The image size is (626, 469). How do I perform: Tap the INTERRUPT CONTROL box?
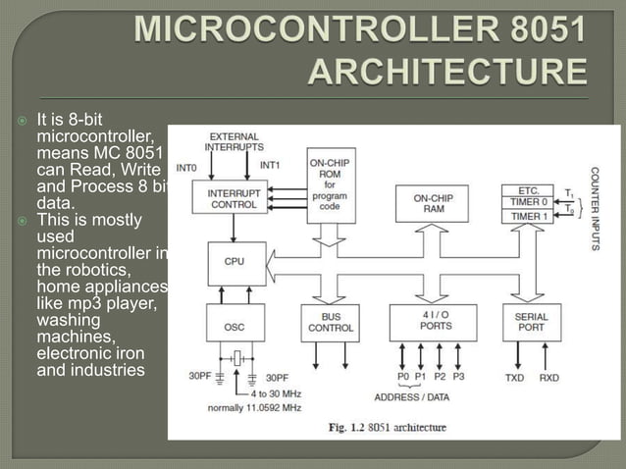pyautogui.click(x=233, y=199)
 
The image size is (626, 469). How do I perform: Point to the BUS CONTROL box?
pyautogui.click(x=331, y=323)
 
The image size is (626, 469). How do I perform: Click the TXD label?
pyautogui.click(x=515, y=377)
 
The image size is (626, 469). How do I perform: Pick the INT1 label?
pyautogui.click(x=272, y=166)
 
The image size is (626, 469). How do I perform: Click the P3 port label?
pyautogui.click(x=459, y=377)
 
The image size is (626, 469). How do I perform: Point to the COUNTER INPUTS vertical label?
pyautogui.click(x=595, y=209)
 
